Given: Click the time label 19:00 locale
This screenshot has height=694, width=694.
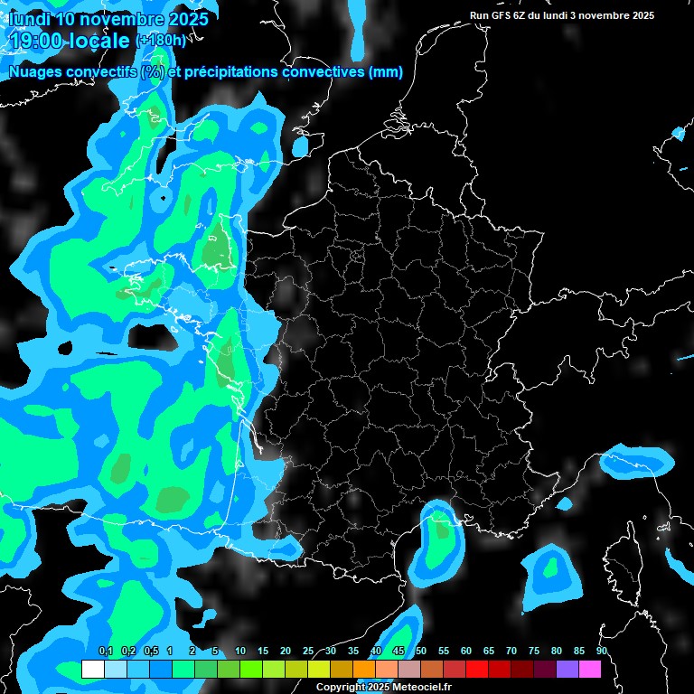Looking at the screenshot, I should click(x=69, y=40).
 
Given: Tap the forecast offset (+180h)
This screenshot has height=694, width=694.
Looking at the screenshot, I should click(x=160, y=40).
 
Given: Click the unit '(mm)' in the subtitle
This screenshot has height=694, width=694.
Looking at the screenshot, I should click(x=386, y=72).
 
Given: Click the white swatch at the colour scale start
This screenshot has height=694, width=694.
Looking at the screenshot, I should click(x=92, y=669).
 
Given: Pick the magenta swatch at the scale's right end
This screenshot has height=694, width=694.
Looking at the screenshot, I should click(x=590, y=669).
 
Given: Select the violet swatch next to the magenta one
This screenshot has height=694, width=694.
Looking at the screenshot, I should click(x=567, y=669).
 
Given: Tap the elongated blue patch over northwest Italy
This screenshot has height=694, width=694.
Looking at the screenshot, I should click(x=636, y=461).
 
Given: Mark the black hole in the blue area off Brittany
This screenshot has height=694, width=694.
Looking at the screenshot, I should click(x=148, y=335).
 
